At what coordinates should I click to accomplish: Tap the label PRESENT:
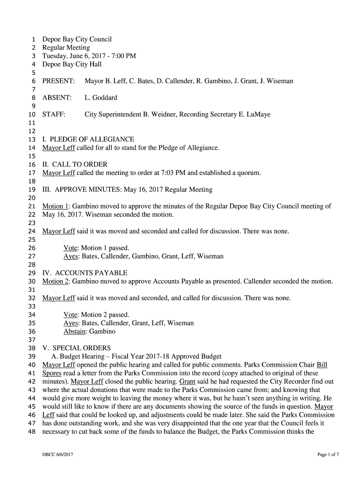pos(58,81)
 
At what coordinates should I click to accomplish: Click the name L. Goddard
pos(101,98)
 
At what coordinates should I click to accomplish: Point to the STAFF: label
pos(54,115)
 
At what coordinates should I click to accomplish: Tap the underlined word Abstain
pos(75,332)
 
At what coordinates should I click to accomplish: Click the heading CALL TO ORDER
pos(80,165)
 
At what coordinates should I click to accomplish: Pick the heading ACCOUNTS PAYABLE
pos(91,273)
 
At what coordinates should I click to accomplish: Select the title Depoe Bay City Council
pos(77,39)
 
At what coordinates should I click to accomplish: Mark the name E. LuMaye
pos(255,115)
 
